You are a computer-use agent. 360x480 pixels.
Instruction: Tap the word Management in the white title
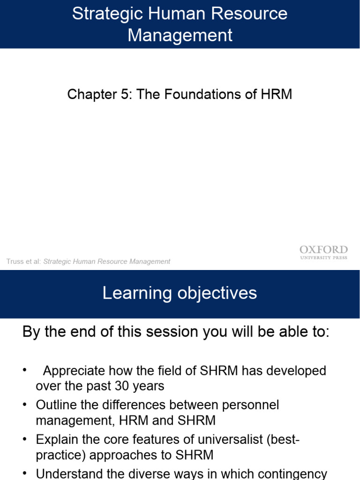(x=180, y=35)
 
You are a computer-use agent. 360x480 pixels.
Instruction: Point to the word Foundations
(x=204, y=94)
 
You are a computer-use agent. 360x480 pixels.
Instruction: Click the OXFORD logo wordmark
(x=323, y=249)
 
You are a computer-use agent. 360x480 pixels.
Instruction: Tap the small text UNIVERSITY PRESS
(x=323, y=258)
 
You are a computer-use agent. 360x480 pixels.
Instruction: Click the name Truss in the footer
(x=15, y=262)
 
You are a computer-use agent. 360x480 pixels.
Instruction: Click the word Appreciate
(x=74, y=371)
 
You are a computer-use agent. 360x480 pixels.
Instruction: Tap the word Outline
(x=54, y=405)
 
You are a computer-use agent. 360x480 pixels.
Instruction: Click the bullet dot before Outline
(x=25, y=405)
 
